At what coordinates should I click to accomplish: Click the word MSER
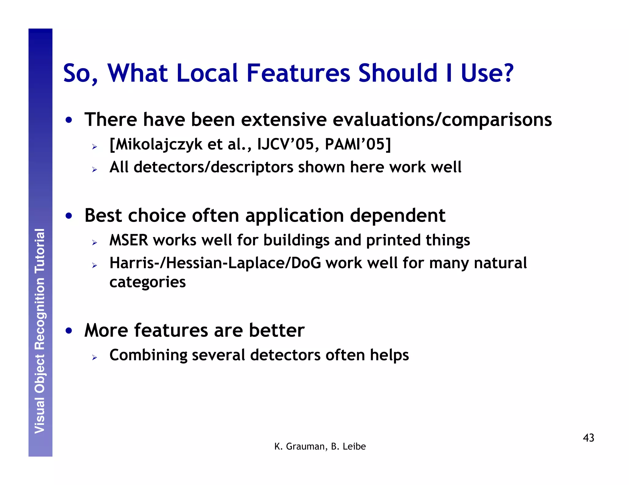pos(129,240)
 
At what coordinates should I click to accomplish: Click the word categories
pos(147,282)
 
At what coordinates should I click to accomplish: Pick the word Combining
pos(148,355)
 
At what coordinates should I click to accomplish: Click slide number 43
pos(588,438)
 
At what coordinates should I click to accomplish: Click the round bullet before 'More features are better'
pos(69,331)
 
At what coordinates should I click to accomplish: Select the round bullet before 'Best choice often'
pos(69,216)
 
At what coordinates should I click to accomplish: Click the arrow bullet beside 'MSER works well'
pos(94,243)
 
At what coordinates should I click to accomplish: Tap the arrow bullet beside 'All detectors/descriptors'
pos(94,169)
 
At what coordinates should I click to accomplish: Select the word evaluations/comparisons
pos(442,120)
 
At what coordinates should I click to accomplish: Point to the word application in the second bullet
pos(295,216)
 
